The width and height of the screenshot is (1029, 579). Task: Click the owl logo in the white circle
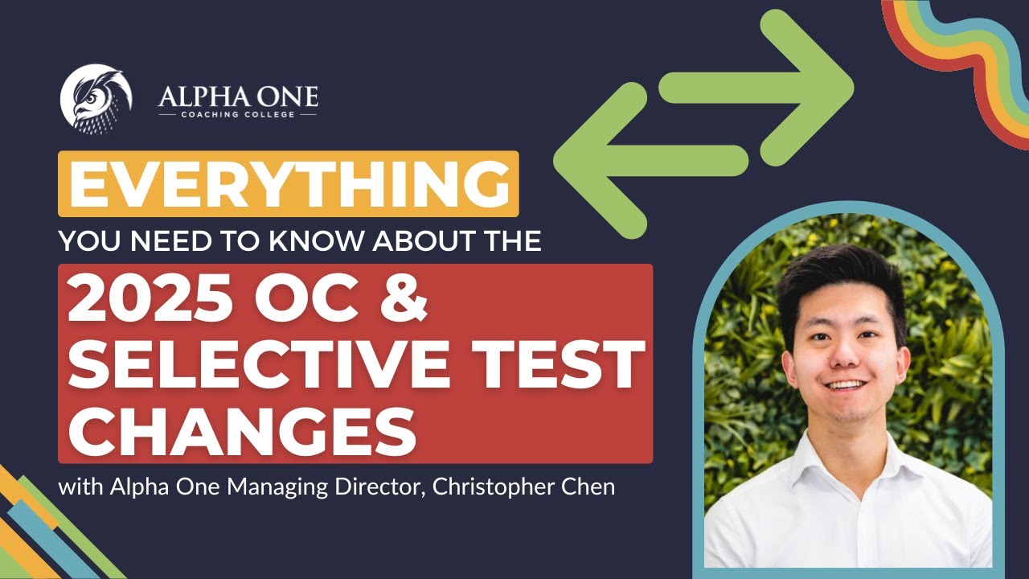(96, 99)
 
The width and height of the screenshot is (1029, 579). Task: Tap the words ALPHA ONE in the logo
(238, 97)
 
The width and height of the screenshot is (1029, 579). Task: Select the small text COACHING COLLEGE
(238, 115)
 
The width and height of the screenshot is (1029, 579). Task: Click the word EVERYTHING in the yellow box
(289, 183)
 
